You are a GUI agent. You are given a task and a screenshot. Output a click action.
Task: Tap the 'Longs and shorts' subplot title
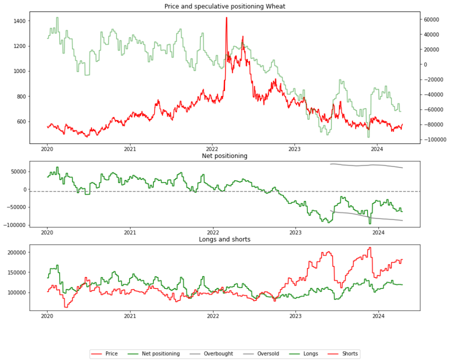coord(224,240)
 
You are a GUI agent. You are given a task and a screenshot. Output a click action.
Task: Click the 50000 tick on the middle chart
coord(18,172)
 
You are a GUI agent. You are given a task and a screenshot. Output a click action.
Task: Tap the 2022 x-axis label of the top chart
coord(213,149)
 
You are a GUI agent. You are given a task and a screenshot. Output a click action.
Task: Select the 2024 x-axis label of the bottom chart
coord(378,316)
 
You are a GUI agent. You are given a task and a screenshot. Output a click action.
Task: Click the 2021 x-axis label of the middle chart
coord(130,233)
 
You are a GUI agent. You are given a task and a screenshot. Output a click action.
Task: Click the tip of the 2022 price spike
coord(226,18)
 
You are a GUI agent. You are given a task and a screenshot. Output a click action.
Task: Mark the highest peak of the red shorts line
coord(370,248)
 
